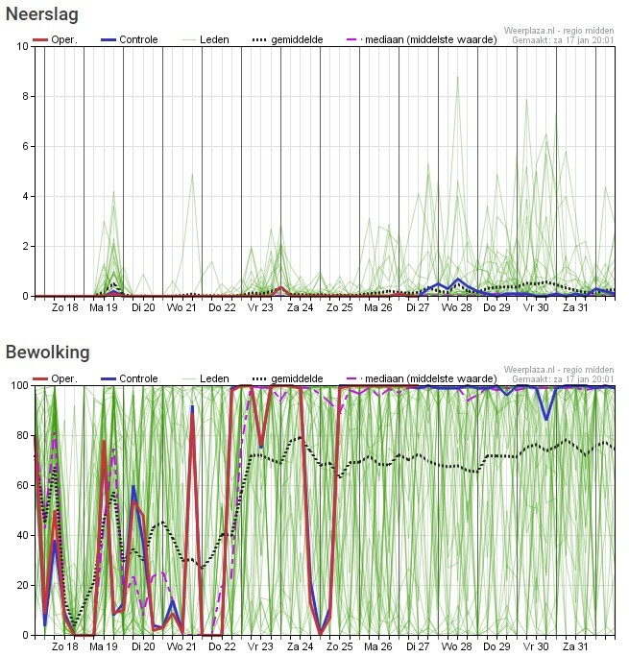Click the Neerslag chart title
click(42, 14)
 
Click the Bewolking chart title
click(47, 353)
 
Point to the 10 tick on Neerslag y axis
click(21, 46)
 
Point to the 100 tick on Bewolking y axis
click(17, 385)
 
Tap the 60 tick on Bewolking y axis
click(21, 485)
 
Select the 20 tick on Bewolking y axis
click(21, 585)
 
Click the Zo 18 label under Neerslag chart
click(64, 307)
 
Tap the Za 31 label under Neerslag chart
click(575, 307)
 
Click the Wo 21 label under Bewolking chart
click(182, 646)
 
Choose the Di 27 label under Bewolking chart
click(418, 646)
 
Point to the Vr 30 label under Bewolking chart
click(536, 646)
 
